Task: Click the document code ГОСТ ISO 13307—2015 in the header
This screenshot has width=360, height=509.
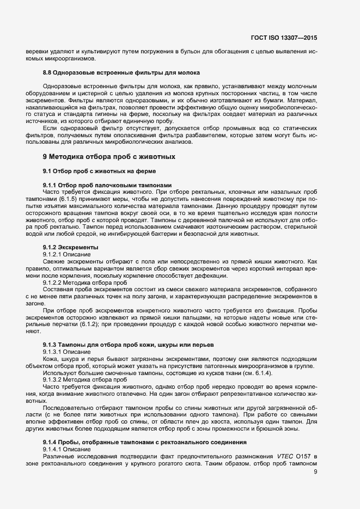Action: [284, 38]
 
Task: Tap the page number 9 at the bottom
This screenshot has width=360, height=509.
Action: [315, 472]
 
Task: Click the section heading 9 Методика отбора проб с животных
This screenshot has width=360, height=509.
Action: [109, 157]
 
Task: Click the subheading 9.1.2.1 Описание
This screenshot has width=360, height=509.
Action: [67, 254]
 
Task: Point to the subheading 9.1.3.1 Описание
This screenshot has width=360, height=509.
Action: [67, 352]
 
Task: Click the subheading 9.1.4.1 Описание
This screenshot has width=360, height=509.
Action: [67, 449]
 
